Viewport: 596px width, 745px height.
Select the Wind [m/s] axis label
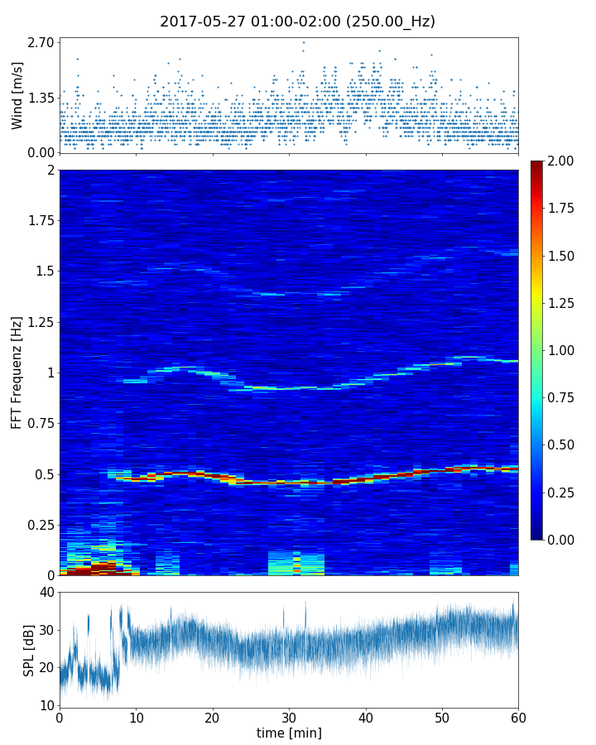[x=17, y=95]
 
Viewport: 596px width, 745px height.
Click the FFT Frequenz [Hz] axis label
[x=17, y=372]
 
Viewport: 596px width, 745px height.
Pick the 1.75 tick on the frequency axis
[x=40, y=221]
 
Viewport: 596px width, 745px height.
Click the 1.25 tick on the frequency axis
[x=40, y=322]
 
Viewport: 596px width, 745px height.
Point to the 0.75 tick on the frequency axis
[x=40, y=423]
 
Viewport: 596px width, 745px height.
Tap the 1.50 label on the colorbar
[x=560, y=256]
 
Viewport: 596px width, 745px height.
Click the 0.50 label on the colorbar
[x=560, y=445]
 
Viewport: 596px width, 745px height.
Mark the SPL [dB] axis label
[x=29, y=650]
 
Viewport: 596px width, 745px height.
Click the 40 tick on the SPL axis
[x=46, y=592]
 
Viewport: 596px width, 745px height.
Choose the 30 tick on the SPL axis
[x=46, y=630]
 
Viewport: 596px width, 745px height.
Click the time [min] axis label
[x=289, y=733]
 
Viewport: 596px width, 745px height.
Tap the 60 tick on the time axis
[x=518, y=717]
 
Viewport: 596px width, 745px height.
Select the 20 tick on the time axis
[x=212, y=717]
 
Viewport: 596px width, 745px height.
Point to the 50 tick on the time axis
[x=442, y=717]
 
